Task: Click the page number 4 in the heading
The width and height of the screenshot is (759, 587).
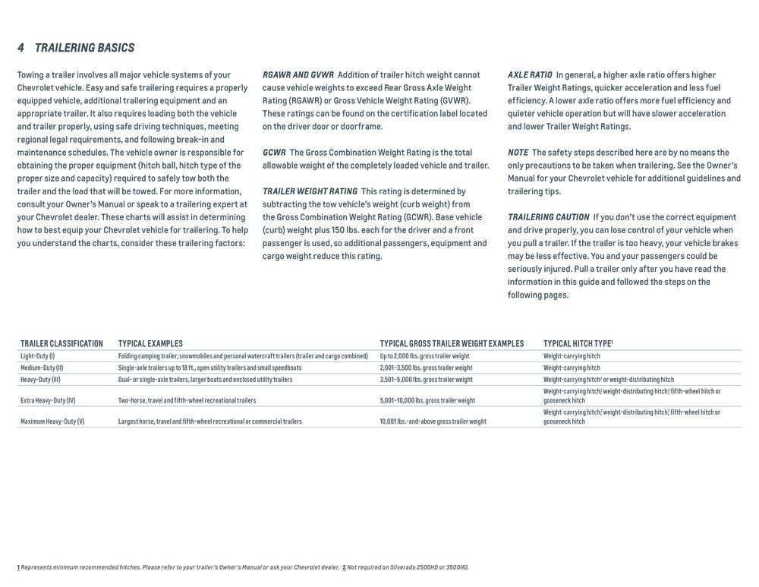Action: point(20,48)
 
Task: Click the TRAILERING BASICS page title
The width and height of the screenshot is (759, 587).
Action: point(84,48)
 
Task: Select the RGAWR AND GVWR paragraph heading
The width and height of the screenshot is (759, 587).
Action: point(298,74)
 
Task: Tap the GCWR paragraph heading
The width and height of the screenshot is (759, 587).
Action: point(274,152)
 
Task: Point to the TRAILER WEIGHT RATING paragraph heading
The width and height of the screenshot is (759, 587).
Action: point(310,191)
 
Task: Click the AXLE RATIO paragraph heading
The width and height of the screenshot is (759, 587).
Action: point(530,74)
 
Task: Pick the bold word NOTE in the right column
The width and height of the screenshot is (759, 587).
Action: point(518,152)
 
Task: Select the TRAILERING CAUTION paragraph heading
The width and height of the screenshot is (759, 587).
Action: point(548,217)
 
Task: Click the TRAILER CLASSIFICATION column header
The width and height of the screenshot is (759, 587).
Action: point(61,344)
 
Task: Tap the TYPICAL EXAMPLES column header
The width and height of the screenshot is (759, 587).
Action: point(150,344)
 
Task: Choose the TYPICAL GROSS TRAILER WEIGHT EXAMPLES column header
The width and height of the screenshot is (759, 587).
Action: point(452,344)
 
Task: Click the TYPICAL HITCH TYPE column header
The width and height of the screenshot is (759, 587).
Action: point(578,344)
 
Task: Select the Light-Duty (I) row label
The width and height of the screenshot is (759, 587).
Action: point(37,356)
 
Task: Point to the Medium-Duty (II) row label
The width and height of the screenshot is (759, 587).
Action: point(42,368)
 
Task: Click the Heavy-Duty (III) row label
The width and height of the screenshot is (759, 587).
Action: point(40,380)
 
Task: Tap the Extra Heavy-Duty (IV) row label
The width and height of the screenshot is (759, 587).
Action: point(48,400)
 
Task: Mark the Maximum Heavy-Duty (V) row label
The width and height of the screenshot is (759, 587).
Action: point(52,421)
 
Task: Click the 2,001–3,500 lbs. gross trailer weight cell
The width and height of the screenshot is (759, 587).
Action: point(426,368)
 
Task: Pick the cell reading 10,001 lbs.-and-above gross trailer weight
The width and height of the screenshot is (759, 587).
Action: point(433,421)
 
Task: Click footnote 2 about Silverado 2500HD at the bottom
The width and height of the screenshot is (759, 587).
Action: point(406,567)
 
